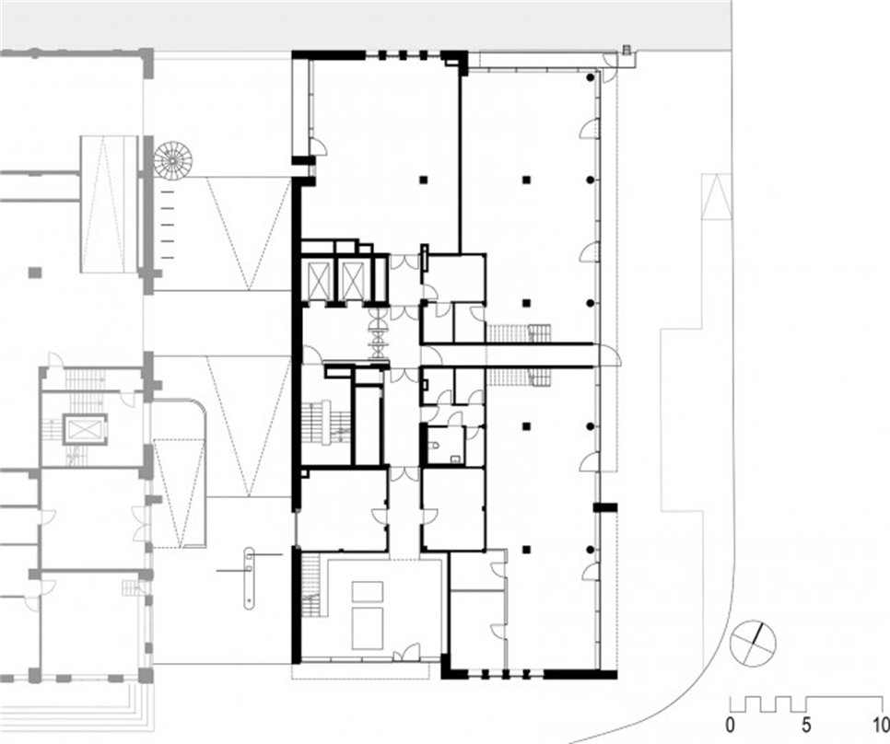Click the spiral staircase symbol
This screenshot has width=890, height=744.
(x=173, y=161)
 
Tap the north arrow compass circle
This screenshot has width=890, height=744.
(x=753, y=644)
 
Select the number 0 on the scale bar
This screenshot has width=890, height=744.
(x=730, y=725)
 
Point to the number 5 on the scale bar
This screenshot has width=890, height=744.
(x=806, y=725)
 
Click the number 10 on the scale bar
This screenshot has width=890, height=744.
(x=881, y=725)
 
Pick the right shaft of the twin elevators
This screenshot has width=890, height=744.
(x=352, y=280)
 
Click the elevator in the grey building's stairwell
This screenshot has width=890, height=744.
(x=85, y=429)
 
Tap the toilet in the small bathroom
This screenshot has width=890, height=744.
(x=434, y=445)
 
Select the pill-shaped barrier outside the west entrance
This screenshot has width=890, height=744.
(x=249, y=578)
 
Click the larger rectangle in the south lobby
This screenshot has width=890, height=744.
(x=368, y=628)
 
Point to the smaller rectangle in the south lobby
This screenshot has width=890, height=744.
(x=368, y=592)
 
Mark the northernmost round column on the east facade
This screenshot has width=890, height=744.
(x=591, y=76)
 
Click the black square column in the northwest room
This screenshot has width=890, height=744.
(x=423, y=180)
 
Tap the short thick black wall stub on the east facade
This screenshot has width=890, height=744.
(x=605, y=507)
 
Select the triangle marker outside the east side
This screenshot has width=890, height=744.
(x=716, y=196)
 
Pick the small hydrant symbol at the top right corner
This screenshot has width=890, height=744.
(x=627, y=50)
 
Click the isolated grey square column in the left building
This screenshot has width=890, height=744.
(x=35, y=273)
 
